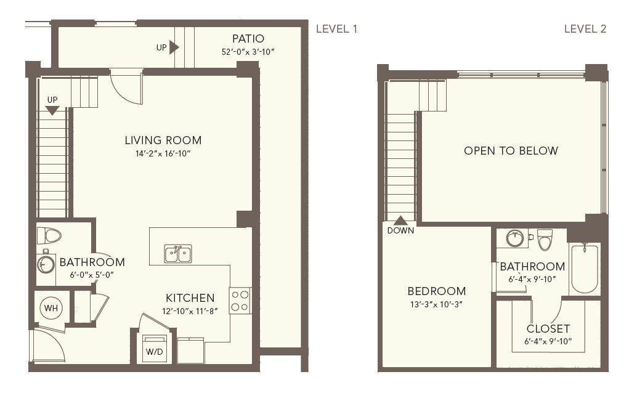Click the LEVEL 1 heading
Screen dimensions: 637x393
point(336,29)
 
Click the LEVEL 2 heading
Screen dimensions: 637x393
point(585,29)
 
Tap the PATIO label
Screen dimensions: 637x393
point(248,39)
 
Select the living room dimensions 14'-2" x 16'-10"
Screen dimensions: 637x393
point(163,153)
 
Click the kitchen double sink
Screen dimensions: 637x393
point(178,254)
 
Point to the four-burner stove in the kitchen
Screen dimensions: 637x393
point(240,301)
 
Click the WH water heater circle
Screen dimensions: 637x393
point(51,308)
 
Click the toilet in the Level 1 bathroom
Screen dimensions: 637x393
point(49,235)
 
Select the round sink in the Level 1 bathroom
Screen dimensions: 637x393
point(46,265)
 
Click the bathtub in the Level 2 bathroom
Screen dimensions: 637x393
point(585,269)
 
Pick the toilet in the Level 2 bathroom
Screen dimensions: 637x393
point(544,240)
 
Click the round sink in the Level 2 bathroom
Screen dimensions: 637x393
point(515,238)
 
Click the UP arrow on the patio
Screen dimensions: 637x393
point(174,47)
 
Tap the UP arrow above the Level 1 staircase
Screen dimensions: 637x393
point(52,110)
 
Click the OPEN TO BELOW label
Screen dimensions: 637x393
point(511,151)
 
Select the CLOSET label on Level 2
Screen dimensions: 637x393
point(548,328)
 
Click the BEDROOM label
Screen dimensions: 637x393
point(437,291)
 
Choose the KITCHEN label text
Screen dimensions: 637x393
point(190,298)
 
